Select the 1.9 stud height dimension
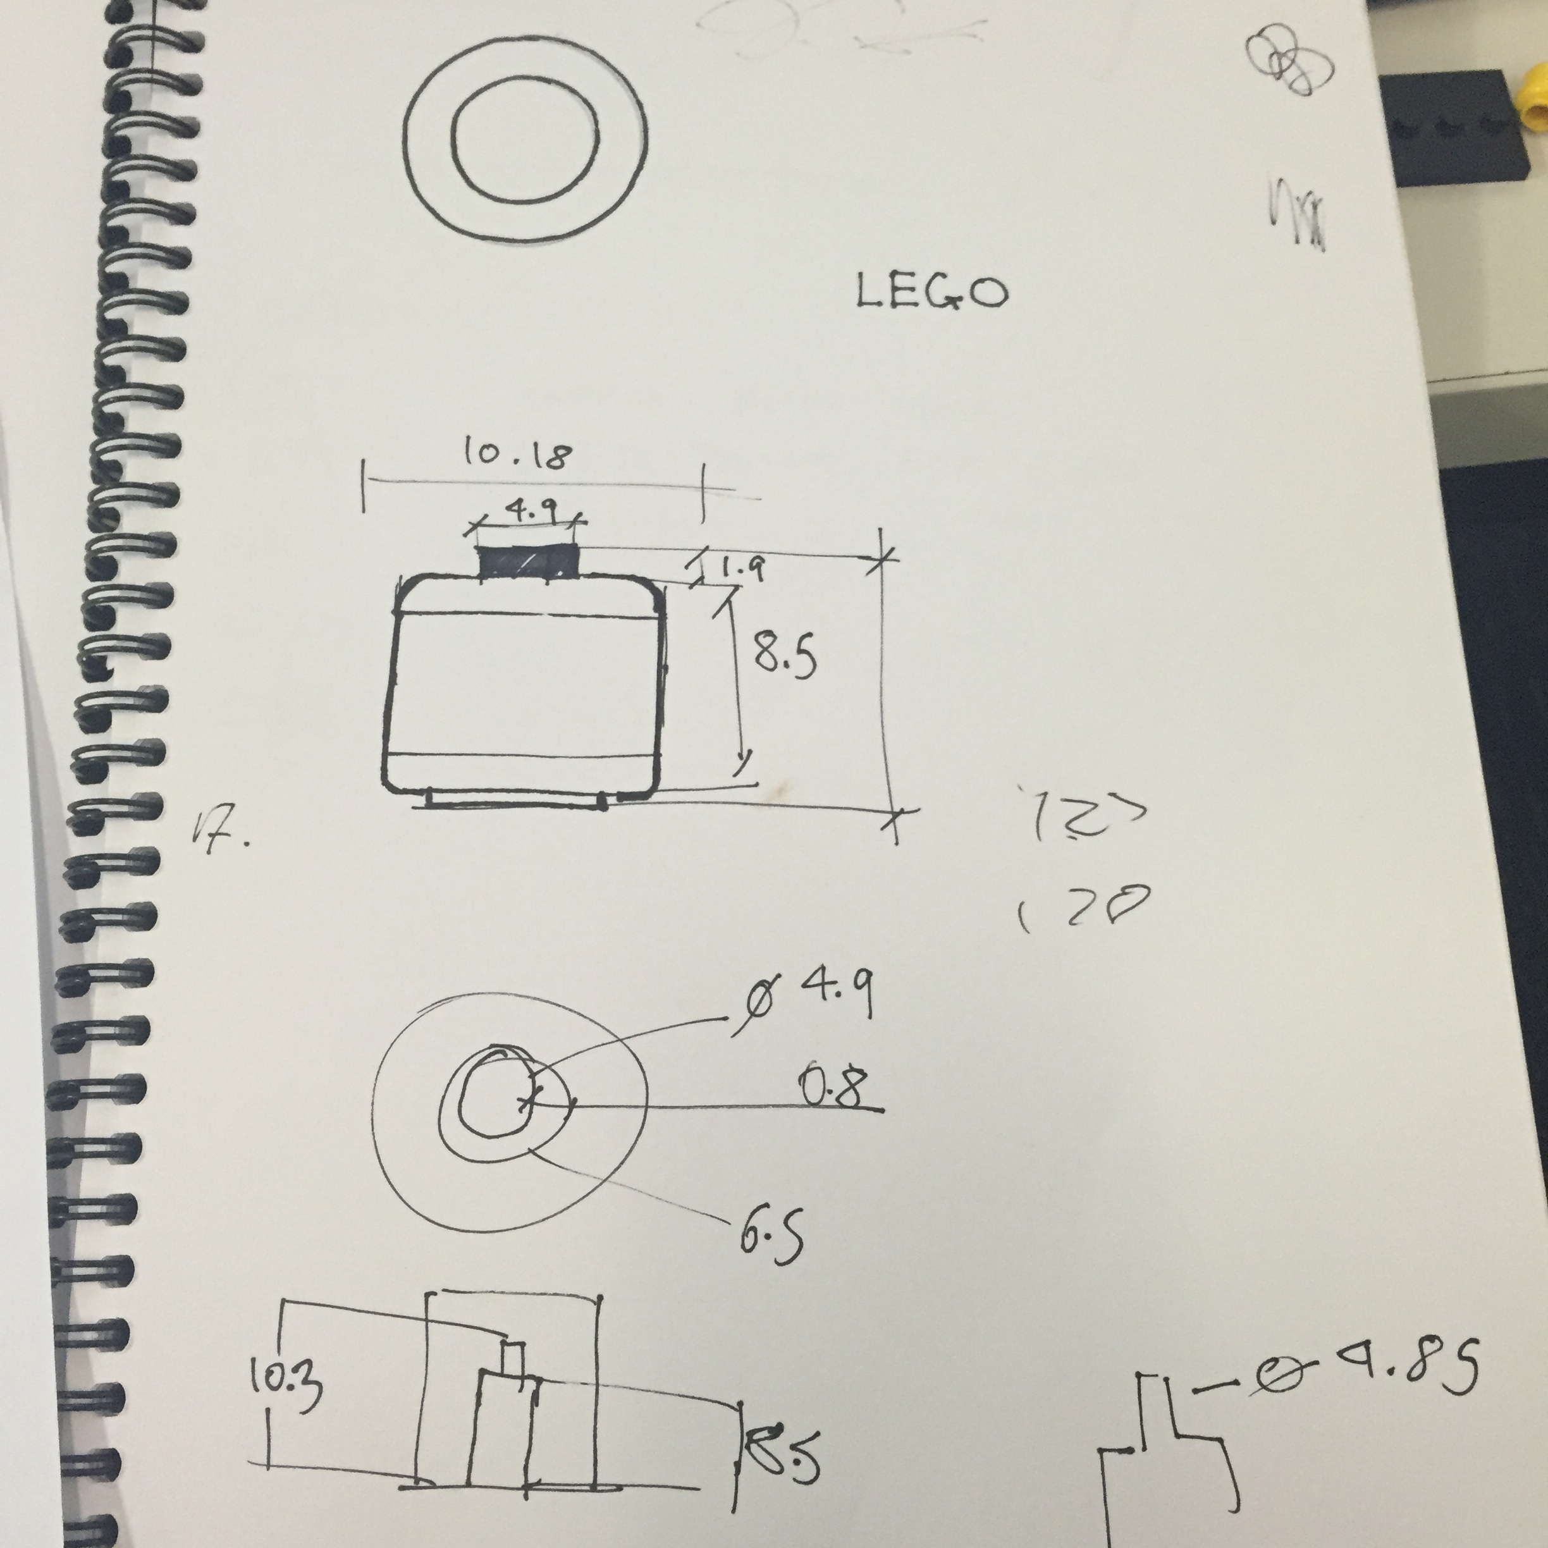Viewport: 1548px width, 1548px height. tap(742, 569)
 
